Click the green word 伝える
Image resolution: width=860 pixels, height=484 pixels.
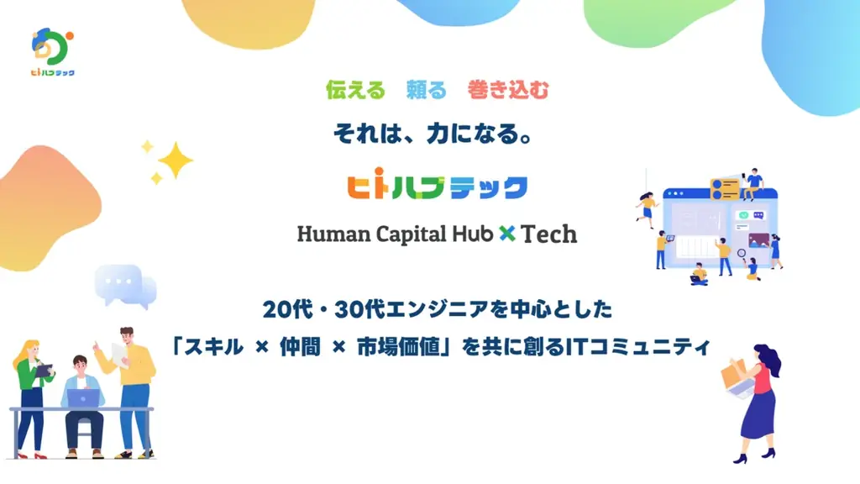point(355,90)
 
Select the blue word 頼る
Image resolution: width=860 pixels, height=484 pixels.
point(427,90)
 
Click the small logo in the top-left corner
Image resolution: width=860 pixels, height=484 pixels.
point(52,53)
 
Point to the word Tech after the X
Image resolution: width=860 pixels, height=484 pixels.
point(549,234)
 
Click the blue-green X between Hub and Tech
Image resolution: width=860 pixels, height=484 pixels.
point(506,234)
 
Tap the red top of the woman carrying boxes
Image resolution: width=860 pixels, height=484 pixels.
point(761,380)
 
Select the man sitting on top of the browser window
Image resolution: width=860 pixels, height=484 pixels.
point(752,181)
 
